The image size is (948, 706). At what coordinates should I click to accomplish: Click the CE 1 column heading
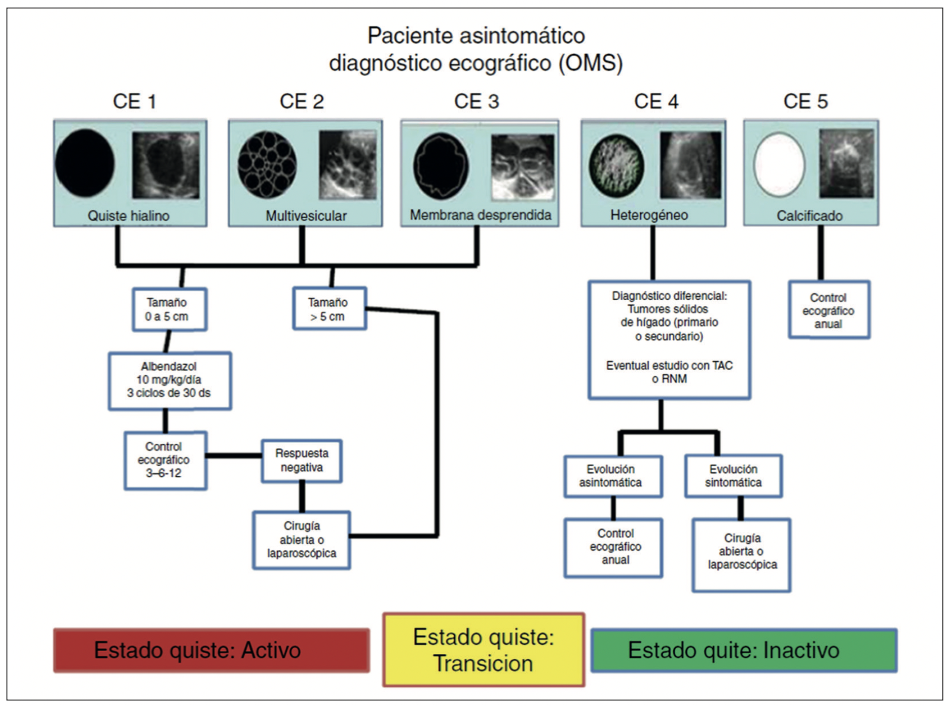pos(134,101)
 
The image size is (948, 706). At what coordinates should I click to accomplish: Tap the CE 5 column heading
pos(805,101)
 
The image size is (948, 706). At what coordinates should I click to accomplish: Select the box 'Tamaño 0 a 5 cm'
pos(169,309)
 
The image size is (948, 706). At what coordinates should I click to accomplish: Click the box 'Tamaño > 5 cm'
pos(330,309)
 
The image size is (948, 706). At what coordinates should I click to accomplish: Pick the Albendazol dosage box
pos(170,380)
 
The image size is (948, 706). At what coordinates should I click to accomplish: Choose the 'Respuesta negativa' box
pos(302,461)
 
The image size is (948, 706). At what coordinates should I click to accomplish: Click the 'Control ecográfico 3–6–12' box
pos(165,460)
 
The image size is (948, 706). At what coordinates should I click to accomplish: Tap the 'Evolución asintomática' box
pos(612,476)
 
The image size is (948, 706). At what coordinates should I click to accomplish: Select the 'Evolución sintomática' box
pos(733,476)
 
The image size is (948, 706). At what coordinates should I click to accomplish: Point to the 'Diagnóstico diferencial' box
pos(669,339)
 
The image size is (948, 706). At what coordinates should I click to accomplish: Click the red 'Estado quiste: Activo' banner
pos(211,650)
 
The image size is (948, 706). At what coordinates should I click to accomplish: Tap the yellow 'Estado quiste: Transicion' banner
pos(484,650)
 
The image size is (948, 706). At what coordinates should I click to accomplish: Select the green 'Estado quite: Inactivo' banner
pos(744,650)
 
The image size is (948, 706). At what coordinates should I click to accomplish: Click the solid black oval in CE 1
pos(85,163)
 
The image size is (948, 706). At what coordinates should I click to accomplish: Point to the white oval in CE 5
pos(779,164)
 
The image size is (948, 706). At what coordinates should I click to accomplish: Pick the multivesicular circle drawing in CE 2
pos(267,164)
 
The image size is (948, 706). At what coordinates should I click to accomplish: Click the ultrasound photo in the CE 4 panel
pos(690,165)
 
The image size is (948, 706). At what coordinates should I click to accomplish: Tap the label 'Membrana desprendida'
pos(480,215)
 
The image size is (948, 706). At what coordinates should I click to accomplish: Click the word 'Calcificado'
pos(809,216)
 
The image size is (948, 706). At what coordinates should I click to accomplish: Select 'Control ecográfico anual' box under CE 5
pos(829,310)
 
